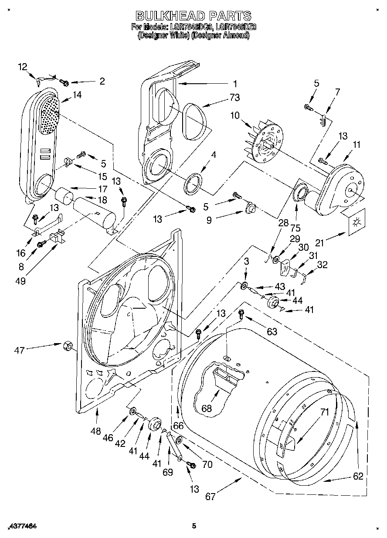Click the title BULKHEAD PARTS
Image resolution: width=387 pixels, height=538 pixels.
click(193, 16)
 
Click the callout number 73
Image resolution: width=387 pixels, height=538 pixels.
click(236, 97)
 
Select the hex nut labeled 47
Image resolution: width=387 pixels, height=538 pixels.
click(68, 346)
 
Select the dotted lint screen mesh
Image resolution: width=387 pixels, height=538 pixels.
click(50, 114)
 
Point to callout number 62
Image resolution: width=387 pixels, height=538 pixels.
click(358, 476)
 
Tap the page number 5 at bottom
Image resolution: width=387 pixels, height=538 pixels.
click(194, 526)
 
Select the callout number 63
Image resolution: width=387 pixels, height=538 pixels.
click(272, 332)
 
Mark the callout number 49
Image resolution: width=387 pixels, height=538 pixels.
click(20, 281)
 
